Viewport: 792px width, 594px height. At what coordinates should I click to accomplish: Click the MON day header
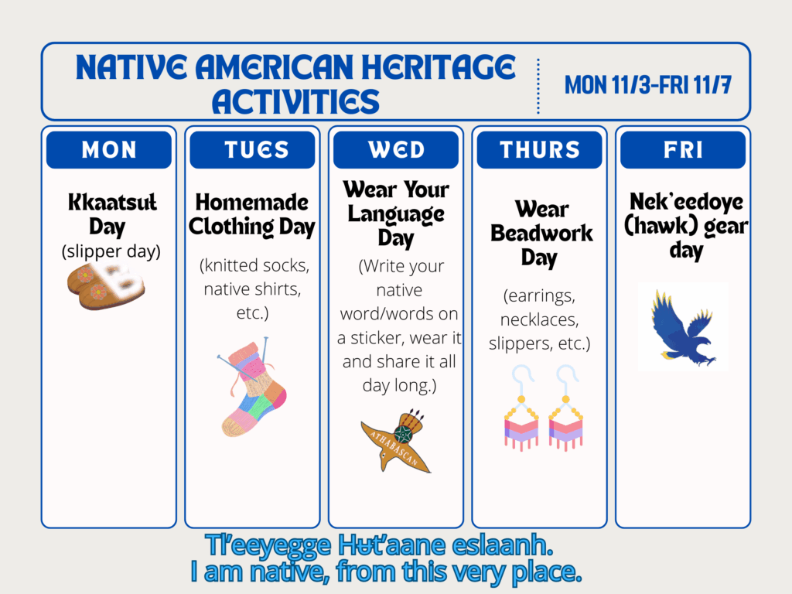pos(108,149)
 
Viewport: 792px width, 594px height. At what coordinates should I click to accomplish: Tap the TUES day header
pos(252,149)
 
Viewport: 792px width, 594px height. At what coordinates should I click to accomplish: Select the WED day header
pos(395,149)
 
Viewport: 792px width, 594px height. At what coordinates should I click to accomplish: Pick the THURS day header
pos(539,149)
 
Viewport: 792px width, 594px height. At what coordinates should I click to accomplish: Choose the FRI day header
pos(683,149)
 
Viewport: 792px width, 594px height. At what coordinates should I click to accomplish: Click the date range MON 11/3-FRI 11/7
pos(648,84)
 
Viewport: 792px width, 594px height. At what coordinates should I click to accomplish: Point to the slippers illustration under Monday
pos(106,285)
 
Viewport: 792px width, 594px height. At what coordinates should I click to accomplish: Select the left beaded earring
pos(521,408)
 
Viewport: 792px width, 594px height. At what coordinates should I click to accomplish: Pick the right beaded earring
pos(565,408)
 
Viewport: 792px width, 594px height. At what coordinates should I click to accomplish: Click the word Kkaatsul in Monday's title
pos(112,202)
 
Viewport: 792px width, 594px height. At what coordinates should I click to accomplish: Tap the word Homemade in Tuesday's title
pos(252,202)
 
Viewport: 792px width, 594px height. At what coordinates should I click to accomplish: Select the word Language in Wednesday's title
pos(396,214)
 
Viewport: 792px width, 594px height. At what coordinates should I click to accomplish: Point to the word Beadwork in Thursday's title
pos(541,234)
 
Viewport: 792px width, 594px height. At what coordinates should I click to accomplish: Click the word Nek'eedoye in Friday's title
pos(686,202)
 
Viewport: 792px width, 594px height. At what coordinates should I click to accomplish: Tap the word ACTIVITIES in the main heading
pos(295,101)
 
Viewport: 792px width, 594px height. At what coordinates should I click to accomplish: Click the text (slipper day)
pos(111,251)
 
